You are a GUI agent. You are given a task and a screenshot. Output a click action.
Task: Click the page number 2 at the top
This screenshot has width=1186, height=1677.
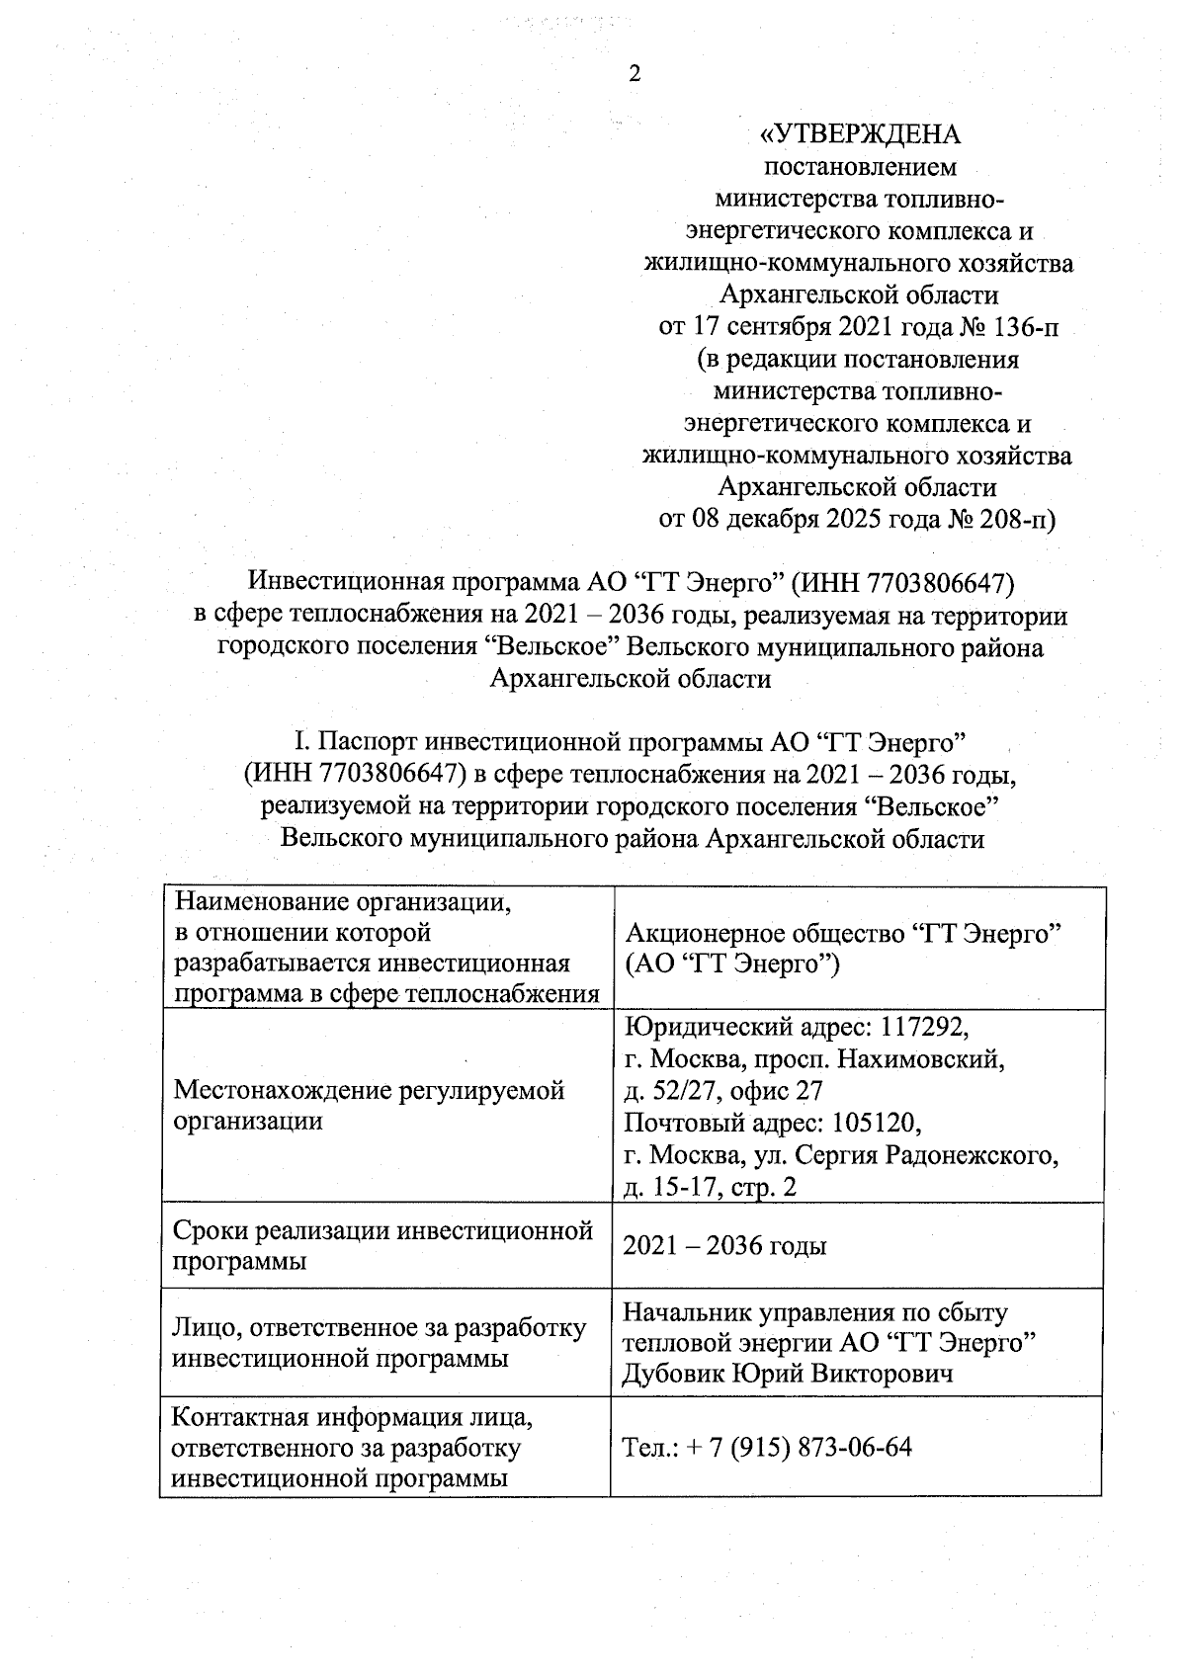[635, 74]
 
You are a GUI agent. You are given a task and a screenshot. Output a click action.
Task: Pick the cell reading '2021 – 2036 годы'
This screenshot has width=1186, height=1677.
[724, 1245]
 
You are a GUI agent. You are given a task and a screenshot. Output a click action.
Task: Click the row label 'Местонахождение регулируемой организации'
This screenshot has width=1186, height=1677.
[369, 1105]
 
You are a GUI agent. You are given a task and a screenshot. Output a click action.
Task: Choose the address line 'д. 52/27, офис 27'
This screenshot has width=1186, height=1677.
[722, 1091]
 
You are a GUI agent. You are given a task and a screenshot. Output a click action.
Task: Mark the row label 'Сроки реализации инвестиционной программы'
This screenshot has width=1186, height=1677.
[382, 1245]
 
